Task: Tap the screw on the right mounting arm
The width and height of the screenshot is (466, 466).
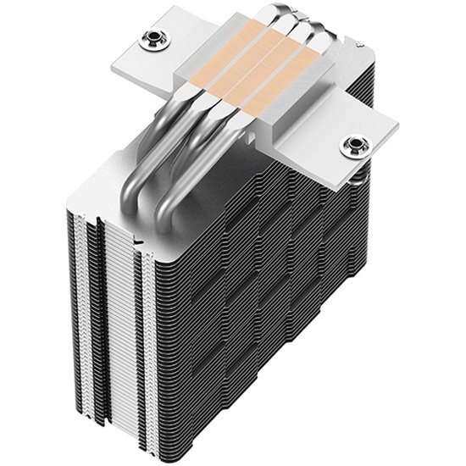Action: (x=350, y=145)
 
